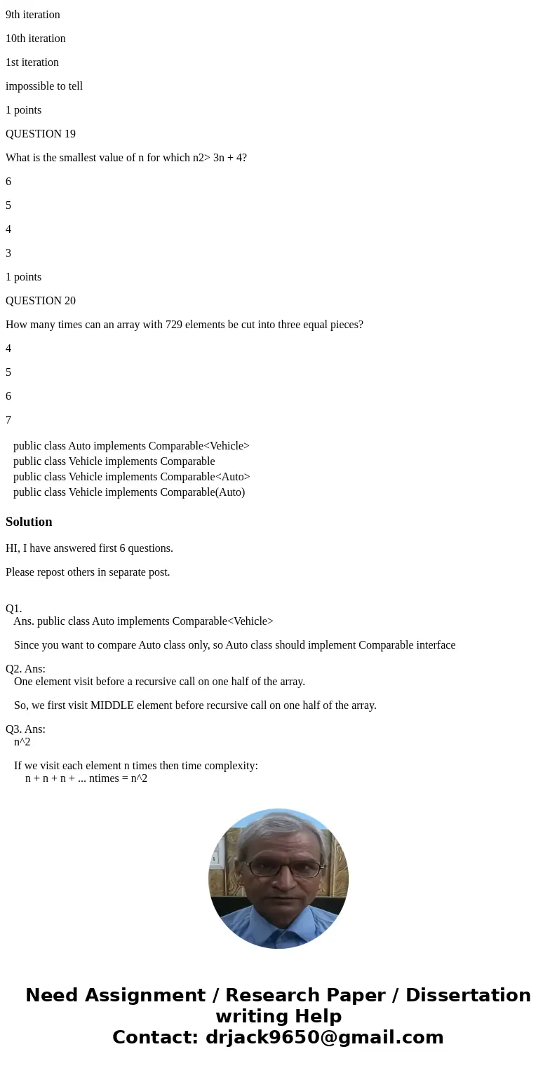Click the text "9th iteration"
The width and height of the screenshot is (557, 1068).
pyautogui.click(x=33, y=15)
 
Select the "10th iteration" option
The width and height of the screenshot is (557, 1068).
pyautogui.click(x=36, y=39)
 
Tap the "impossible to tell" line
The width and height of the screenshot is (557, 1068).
pyautogui.click(x=44, y=86)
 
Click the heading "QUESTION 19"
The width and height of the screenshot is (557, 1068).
pyautogui.click(x=41, y=134)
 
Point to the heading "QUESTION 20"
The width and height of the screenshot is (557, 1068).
pyautogui.click(x=41, y=301)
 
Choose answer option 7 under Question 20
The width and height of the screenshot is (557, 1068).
pyautogui.click(x=8, y=420)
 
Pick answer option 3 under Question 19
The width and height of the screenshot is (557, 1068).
pyautogui.click(x=8, y=253)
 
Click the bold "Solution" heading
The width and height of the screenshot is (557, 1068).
pyautogui.click(x=29, y=522)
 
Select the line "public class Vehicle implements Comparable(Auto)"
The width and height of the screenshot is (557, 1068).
pyautogui.click(x=129, y=492)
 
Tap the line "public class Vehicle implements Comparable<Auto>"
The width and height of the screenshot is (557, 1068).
pyautogui.click(x=131, y=477)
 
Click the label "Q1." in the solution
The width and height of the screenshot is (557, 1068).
pyautogui.click(x=14, y=609)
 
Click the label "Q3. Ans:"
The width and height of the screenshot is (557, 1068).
pyautogui.click(x=26, y=729)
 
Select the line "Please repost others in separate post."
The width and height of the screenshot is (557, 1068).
pyautogui.click(x=88, y=572)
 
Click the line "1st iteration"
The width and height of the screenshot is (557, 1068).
pyautogui.click(x=32, y=62)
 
